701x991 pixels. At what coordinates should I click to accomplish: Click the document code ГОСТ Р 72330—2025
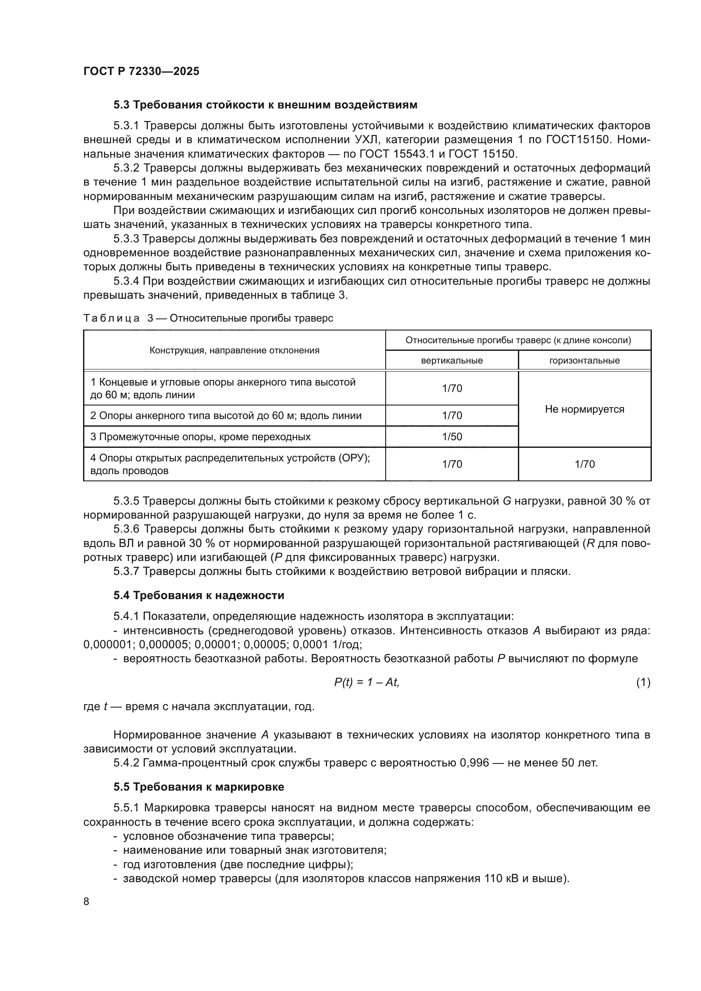(x=141, y=71)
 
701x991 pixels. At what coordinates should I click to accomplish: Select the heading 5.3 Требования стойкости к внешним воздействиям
(x=265, y=105)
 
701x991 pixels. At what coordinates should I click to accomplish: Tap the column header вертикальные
(x=451, y=361)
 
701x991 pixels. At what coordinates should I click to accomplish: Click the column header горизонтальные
(x=584, y=361)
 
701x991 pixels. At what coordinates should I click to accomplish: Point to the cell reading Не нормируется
(x=584, y=409)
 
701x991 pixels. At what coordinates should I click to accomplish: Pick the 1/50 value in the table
(x=451, y=436)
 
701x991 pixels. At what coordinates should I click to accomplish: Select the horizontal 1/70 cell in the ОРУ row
(x=584, y=464)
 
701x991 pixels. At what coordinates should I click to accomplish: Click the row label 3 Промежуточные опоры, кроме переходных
(x=200, y=436)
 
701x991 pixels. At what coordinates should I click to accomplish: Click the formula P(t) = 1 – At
(x=367, y=683)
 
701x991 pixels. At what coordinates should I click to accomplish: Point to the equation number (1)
(x=643, y=683)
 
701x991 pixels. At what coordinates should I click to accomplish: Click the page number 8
(x=86, y=901)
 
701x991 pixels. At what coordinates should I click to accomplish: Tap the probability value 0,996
(x=474, y=763)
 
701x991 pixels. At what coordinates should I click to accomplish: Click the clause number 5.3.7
(x=126, y=571)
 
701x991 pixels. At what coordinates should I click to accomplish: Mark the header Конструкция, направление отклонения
(x=234, y=350)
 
